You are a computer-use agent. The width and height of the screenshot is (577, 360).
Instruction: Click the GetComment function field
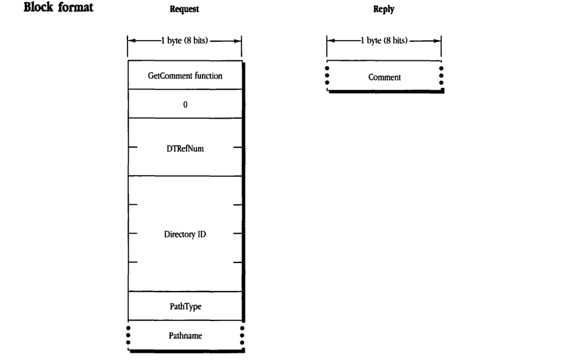pos(184,76)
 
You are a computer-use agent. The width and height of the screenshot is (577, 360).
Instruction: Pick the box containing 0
pos(184,104)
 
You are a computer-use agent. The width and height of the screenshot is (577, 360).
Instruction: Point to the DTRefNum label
pos(184,148)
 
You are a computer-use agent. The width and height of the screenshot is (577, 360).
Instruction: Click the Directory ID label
pos(184,234)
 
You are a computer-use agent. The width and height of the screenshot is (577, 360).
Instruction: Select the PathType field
pos(184,306)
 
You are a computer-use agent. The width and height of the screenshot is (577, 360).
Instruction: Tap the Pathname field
pos(184,335)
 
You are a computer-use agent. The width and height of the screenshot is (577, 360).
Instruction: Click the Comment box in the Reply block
pos(384,77)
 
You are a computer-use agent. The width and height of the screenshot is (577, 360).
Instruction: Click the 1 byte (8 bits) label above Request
pos(184,43)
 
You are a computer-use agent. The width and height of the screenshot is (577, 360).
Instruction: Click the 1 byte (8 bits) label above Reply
pos(384,43)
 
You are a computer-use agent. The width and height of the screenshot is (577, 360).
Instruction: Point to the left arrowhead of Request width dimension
pos(131,43)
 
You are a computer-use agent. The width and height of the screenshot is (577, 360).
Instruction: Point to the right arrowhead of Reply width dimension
pos(438,43)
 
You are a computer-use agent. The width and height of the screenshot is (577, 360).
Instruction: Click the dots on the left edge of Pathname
pos(128,335)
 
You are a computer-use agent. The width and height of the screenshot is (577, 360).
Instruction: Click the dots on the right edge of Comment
pos(441,77)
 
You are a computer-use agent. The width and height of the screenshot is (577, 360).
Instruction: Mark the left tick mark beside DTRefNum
pos(133,148)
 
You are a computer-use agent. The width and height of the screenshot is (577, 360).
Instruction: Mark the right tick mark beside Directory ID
pos(237,234)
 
